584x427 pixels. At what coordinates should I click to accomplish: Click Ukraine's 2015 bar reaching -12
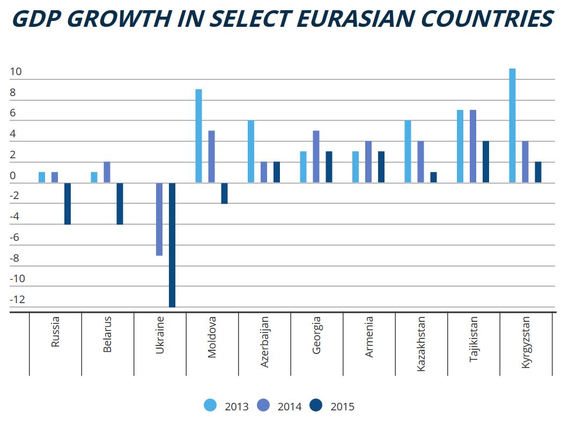(172, 245)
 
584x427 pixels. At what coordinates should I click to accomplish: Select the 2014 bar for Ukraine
(159, 219)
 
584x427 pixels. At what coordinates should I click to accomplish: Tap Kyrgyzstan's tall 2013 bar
(512, 126)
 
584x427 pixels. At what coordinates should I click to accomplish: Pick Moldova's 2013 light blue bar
(198, 136)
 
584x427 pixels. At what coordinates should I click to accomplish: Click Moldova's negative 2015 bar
(224, 193)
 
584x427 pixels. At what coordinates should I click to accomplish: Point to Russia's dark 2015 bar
(68, 203)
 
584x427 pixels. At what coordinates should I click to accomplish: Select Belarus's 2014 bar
(107, 172)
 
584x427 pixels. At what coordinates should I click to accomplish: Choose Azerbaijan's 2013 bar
(251, 151)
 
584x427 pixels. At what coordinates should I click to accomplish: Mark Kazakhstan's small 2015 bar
(433, 177)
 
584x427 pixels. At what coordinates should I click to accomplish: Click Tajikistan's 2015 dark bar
(486, 161)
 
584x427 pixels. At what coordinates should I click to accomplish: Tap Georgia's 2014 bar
(316, 157)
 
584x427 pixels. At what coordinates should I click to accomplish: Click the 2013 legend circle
(210, 406)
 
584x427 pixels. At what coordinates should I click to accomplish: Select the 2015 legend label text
(343, 407)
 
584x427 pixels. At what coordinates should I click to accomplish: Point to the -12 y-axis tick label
(17, 299)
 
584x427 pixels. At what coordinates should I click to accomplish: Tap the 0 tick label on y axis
(13, 175)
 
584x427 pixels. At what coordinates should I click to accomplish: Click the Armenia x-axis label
(369, 337)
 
